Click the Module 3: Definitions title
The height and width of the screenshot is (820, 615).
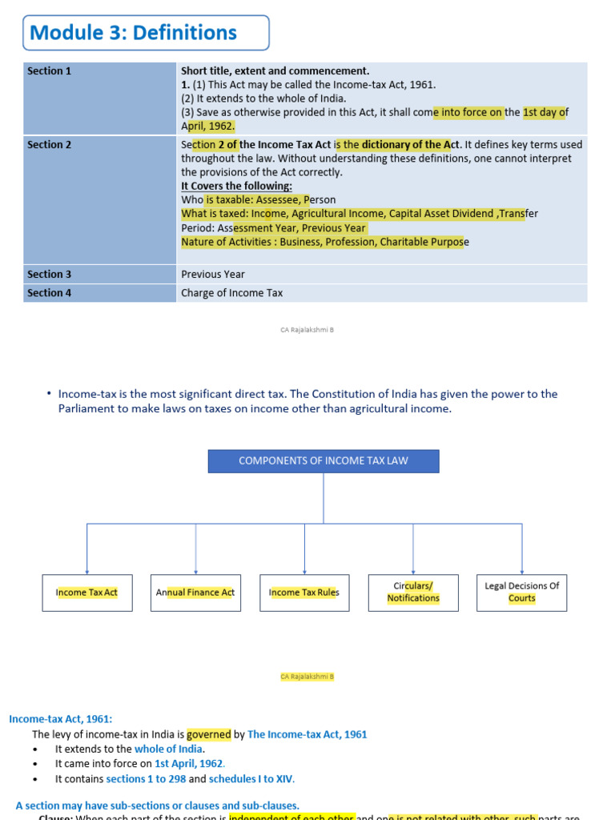[133, 33]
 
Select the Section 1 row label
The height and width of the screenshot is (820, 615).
[50, 71]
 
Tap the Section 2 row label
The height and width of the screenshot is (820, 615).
[50, 145]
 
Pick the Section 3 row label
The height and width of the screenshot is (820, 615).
[50, 275]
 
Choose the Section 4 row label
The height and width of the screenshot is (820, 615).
[50, 293]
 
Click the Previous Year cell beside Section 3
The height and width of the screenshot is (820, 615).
[213, 275]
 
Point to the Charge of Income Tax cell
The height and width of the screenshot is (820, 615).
[232, 293]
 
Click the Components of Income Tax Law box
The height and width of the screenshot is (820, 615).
[324, 461]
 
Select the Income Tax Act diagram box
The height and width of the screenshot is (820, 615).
[87, 593]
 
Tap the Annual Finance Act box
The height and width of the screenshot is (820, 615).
[195, 593]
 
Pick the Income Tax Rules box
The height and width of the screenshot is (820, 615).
[304, 593]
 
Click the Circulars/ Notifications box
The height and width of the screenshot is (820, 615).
[413, 593]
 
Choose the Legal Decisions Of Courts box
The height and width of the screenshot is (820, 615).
[521, 593]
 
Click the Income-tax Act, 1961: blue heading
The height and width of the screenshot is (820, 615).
[61, 719]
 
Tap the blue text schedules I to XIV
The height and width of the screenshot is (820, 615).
[251, 778]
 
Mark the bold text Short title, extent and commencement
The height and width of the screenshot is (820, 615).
[275, 71]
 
